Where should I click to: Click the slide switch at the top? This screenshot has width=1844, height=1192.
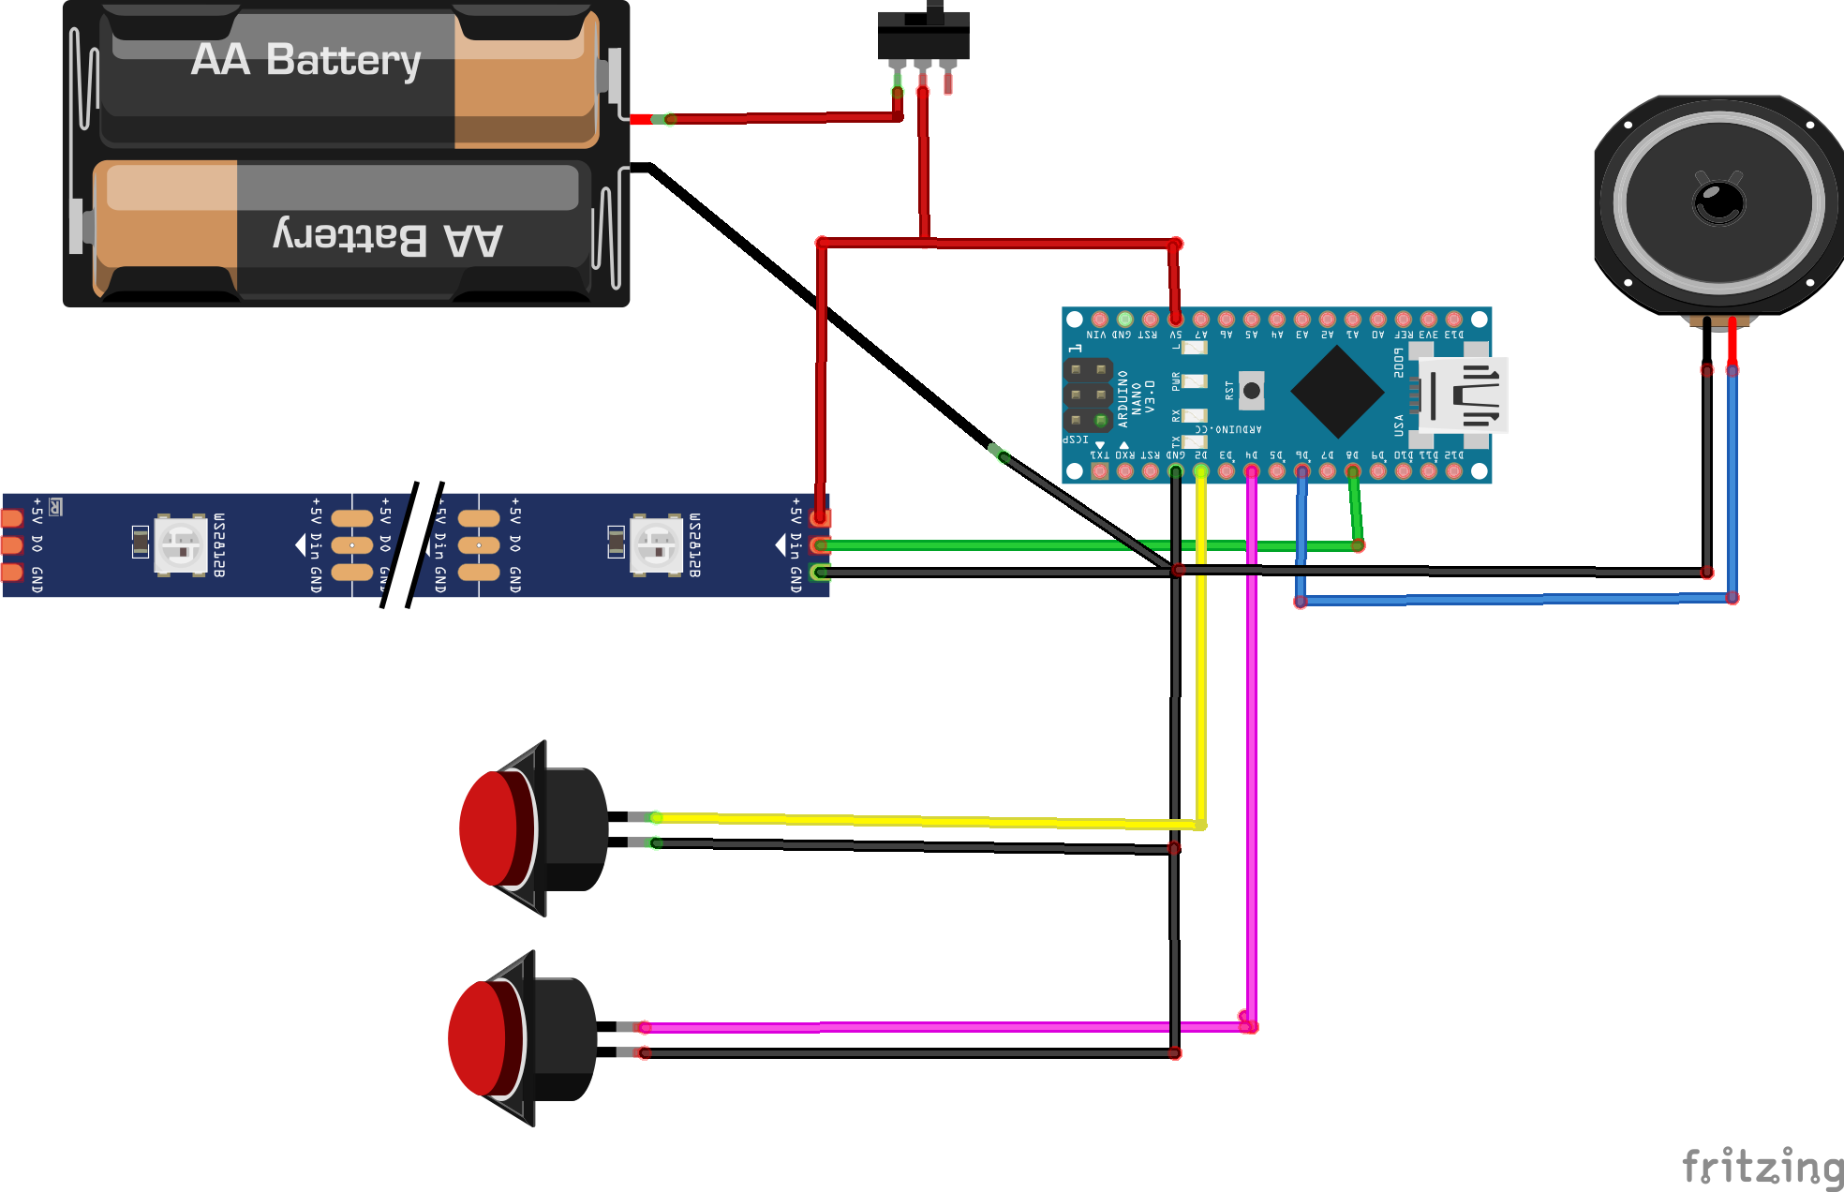923,36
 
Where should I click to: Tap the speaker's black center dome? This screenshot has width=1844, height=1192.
1719,201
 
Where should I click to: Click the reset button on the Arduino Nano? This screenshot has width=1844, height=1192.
1251,391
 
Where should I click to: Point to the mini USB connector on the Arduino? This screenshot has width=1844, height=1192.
1463,395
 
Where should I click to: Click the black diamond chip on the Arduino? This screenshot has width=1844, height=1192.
1337,392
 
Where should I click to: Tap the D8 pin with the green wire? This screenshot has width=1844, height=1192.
1352,471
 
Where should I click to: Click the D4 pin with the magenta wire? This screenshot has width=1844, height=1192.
1251,471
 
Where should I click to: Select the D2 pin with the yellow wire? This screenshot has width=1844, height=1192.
1200,471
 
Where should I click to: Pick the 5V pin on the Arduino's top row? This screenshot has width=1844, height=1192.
1175,320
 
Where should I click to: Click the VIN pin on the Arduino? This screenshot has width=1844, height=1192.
1099,320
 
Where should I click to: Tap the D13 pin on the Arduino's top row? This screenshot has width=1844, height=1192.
1453,320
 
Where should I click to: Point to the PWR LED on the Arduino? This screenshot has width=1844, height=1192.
1194,381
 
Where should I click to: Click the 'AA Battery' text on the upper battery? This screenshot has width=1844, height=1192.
305,60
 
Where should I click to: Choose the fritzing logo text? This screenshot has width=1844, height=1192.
1762,1167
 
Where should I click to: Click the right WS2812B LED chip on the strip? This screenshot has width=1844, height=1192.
657,544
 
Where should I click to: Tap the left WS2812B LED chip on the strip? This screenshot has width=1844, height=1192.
181,544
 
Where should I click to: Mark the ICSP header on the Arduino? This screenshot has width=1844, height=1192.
1088,395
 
